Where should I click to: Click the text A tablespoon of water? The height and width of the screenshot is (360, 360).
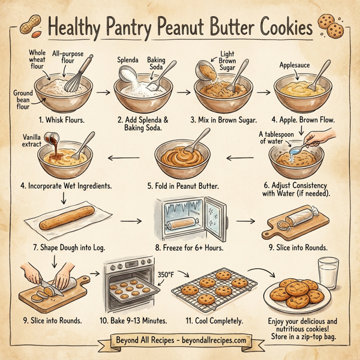pos(278,137)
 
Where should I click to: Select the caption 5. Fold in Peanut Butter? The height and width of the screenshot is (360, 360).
pos(183,186)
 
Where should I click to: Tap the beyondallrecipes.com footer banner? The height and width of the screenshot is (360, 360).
pos(180,340)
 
